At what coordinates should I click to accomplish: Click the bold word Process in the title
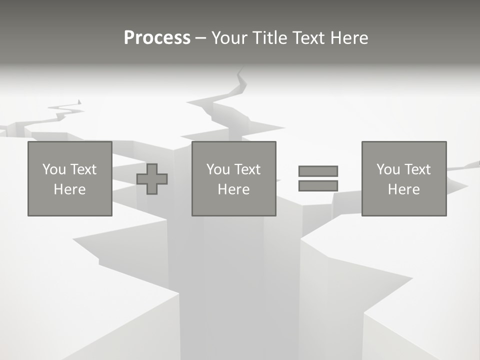click(x=157, y=38)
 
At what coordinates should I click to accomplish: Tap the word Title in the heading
click(x=270, y=38)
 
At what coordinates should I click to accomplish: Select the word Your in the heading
click(x=230, y=38)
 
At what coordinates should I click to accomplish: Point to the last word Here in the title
click(x=348, y=38)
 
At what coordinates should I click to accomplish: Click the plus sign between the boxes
click(x=152, y=179)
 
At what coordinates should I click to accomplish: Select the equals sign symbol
click(x=318, y=178)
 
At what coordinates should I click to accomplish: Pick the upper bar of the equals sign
click(x=318, y=171)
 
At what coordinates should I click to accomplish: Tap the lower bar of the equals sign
click(x=318, y=185)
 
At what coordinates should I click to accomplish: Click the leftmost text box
click(x=70, y=178)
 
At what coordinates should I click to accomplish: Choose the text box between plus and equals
click(x=234, y=178)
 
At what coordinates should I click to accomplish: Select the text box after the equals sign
click(x=404, y=178)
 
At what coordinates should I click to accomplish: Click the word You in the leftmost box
click(x=54, y=169)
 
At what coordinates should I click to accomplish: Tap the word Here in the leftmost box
click(x=70, y=189)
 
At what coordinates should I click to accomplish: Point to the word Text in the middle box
click(x=247, y=169)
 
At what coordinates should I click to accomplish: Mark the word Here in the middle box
click(x=234, y=189)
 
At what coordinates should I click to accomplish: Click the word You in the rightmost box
click(x=388, y=169)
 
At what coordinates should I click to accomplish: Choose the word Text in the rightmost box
click(x=417, y=169)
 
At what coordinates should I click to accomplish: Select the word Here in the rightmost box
click(x=404, y=189)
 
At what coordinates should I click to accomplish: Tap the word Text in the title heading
click(x=308, y=38)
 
